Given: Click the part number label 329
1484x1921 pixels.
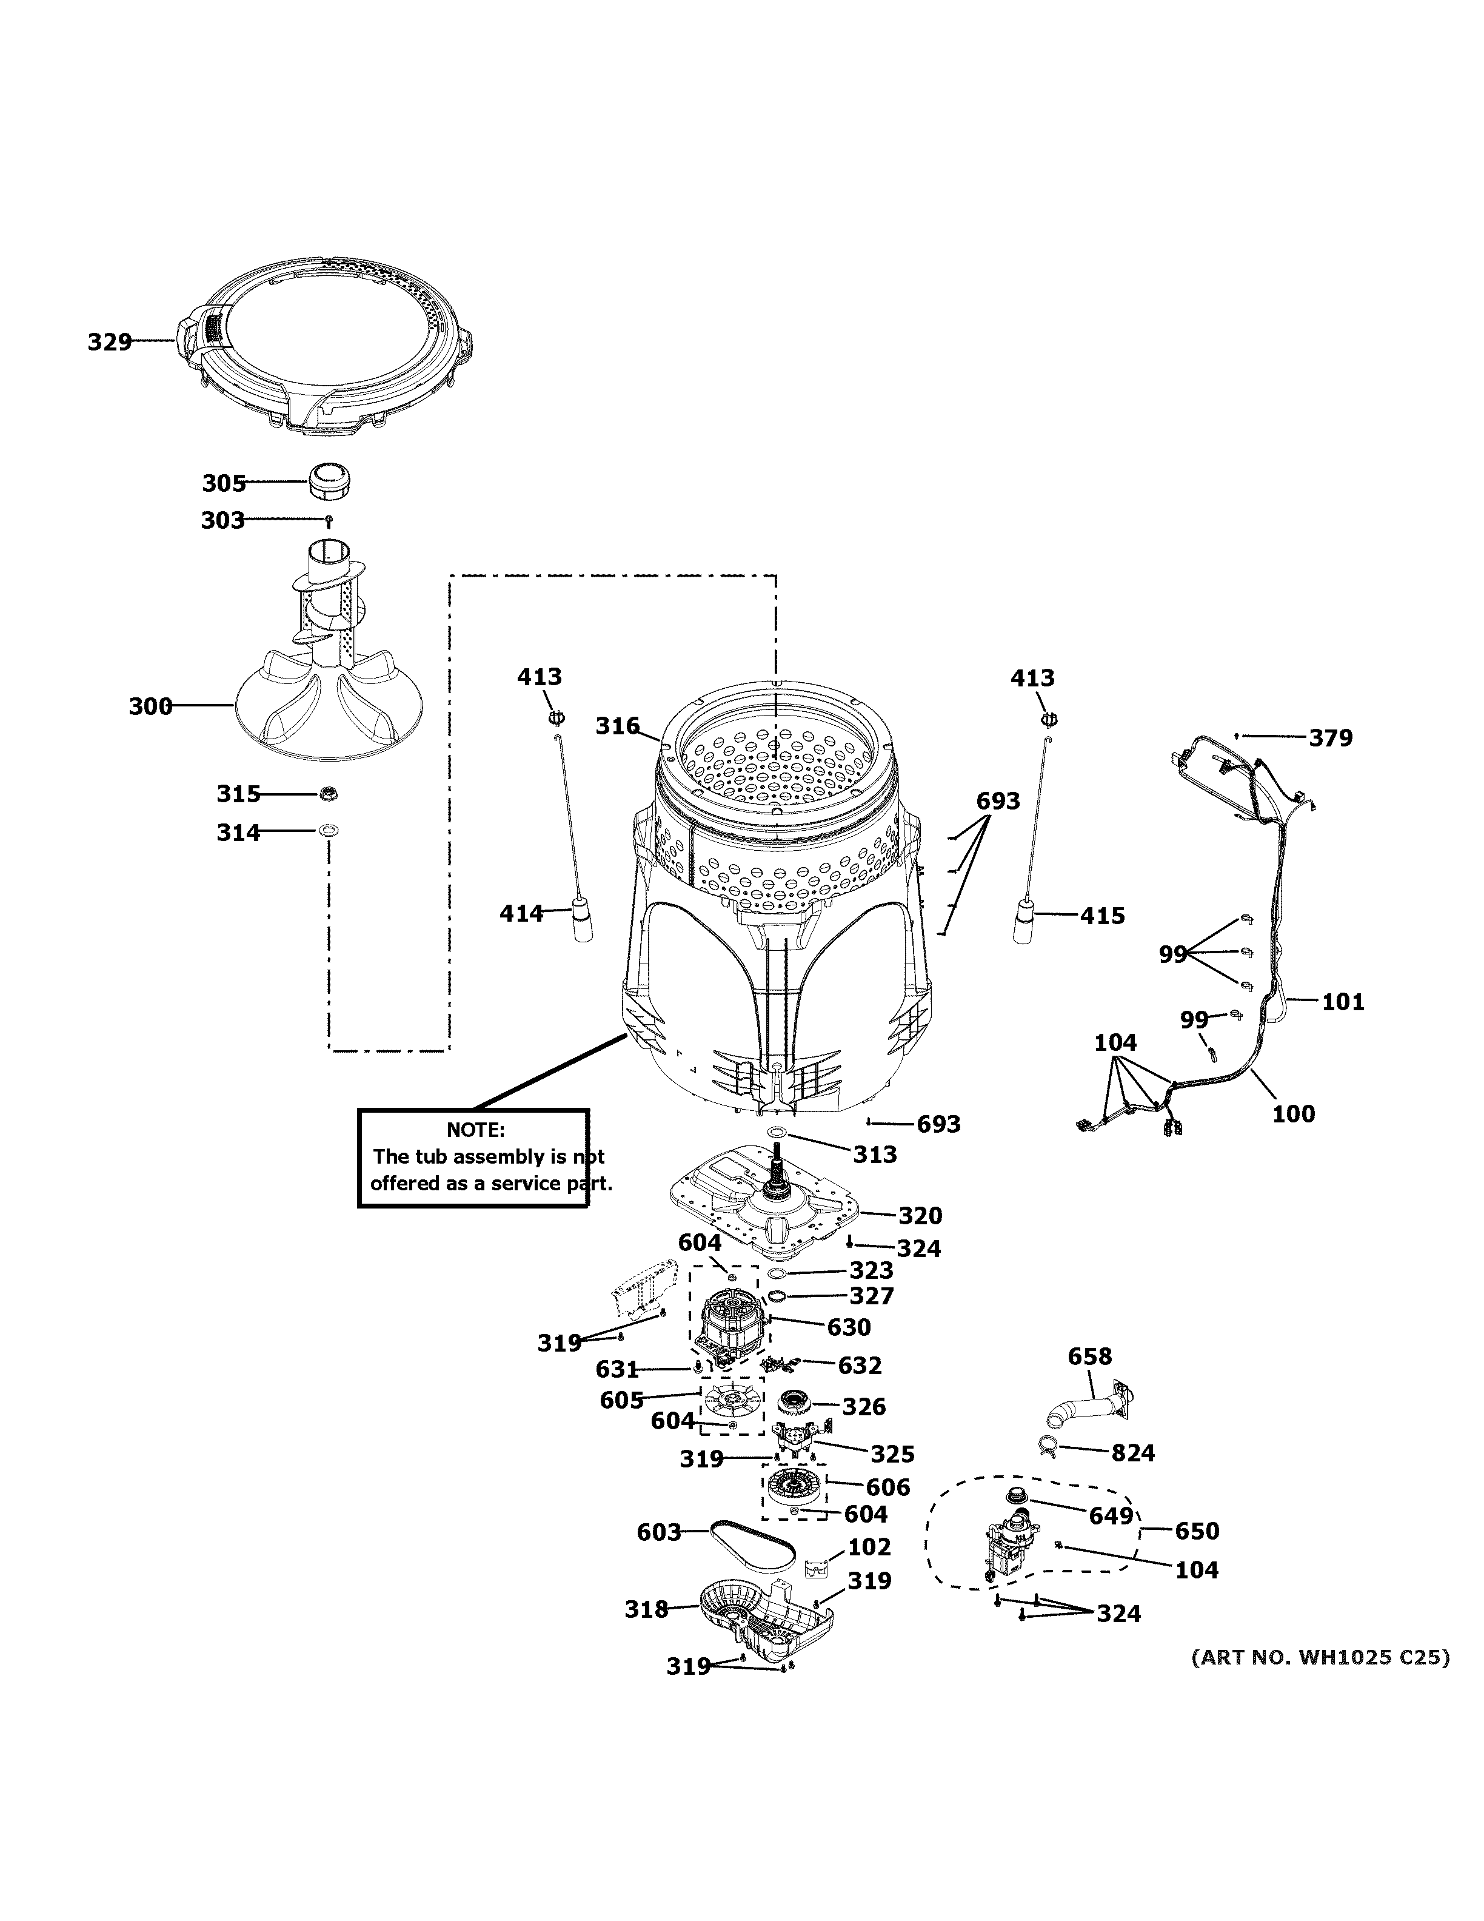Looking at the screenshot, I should pos(109,341).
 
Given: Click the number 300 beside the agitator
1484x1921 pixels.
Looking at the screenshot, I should pos(150,706).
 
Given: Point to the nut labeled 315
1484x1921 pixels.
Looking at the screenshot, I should pos(329,793).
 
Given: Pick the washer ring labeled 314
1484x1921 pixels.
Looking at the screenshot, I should pos(329,830).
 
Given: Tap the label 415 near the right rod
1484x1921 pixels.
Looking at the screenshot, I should pos(1103,916).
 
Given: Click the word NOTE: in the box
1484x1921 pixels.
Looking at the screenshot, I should pos(476,1130).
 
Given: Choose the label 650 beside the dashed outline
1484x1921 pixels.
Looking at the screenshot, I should pos(1197,1531).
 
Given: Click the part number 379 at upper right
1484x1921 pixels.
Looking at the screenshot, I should pos(1330,738).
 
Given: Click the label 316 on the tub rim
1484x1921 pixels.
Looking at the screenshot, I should pos(617,726).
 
